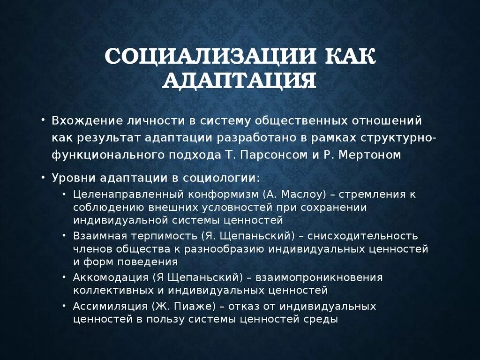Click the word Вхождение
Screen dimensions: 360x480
tap(87, 121)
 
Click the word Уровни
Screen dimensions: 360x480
tap(72, 178)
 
